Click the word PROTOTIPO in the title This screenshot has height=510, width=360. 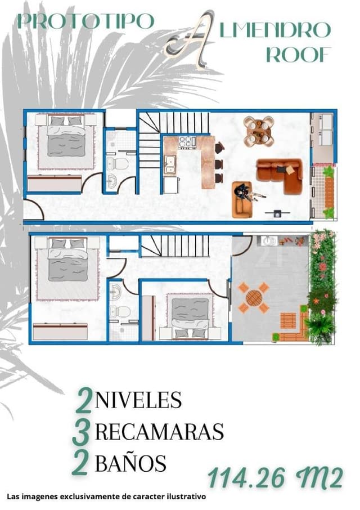click(85, 21)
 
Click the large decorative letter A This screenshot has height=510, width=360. click(189, 38)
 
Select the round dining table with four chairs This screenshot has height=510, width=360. click(259, 131)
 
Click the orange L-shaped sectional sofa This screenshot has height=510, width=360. click(280, 174)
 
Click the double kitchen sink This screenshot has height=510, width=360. click(169, 163)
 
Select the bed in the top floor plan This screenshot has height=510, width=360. click(66, 140)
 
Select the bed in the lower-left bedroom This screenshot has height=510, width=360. click(67, 265)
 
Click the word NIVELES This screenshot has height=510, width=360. click(138, 400)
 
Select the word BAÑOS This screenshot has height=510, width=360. click(130, 463)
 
